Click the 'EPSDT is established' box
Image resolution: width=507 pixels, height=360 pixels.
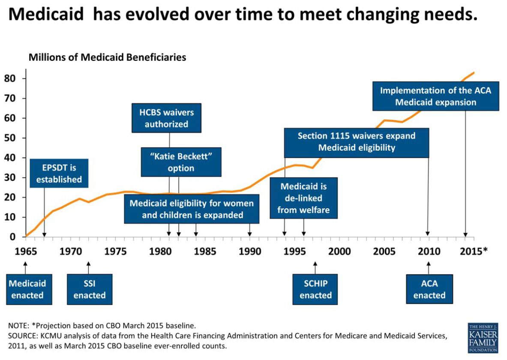pos(59,174)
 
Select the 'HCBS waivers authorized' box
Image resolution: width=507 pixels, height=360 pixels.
pos(166,118)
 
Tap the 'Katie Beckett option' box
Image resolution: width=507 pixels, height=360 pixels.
pos(181,162)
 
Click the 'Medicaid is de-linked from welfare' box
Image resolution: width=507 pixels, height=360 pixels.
pos(303,198)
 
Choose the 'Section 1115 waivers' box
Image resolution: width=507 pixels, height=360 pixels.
pos(356,142)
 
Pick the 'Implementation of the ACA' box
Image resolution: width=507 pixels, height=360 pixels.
pos(435,96)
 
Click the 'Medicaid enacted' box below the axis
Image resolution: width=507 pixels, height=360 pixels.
pos(27,289)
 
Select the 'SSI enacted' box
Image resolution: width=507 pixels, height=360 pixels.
pos(89,289)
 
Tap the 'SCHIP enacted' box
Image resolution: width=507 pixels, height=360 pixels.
pos(315,289)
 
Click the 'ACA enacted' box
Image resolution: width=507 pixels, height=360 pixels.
pos(429,289)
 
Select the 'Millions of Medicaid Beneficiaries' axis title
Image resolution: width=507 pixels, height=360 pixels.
pos(107,57)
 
